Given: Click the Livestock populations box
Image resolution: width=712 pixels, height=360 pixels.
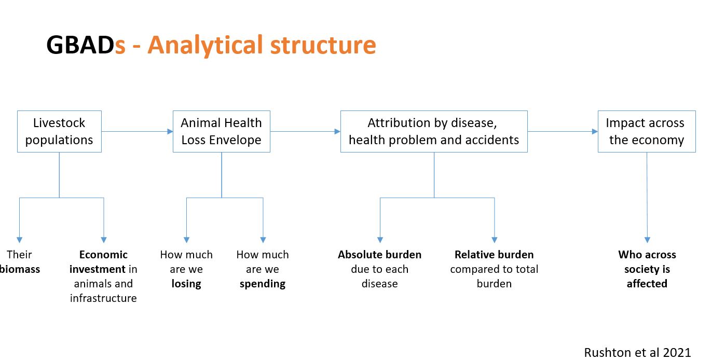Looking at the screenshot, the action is (x=59, y=131).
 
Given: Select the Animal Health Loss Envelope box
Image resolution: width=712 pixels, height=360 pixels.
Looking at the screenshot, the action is (x=221, y=131).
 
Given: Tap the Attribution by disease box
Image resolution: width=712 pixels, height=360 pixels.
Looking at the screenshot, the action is (x=434, y=131).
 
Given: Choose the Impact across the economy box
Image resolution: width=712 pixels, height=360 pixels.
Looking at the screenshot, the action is (x=646, y=131).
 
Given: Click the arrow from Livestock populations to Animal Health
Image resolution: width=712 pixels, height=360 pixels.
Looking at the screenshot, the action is (x=137, y=131).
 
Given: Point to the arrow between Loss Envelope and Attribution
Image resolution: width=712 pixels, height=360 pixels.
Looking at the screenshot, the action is (x=305, y=131).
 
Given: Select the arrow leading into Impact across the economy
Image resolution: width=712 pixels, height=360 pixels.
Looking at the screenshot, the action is (x=563, y=131).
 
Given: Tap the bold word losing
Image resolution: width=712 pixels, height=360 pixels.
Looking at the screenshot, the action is (x=186, y=284).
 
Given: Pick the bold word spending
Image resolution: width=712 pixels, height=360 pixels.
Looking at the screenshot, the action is (x=263, y=284).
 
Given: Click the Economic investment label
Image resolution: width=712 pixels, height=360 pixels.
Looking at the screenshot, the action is (x=103, y=262).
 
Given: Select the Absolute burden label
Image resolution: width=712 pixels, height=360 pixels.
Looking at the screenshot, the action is (x=379, y=255).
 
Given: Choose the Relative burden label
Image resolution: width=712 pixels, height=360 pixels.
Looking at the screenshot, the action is (x=494, y=255).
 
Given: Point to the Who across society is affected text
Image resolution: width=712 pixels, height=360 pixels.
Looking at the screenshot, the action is (x=647, y=269).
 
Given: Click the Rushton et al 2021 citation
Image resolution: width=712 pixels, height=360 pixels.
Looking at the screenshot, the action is (x=637, y=352).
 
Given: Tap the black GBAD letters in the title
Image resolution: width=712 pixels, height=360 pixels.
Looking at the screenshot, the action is (x=80, y=45).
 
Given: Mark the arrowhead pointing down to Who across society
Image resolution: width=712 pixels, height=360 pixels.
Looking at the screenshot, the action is (x=647, y=240).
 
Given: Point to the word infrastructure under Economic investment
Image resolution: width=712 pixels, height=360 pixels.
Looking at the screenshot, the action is (x=103, y=298).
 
